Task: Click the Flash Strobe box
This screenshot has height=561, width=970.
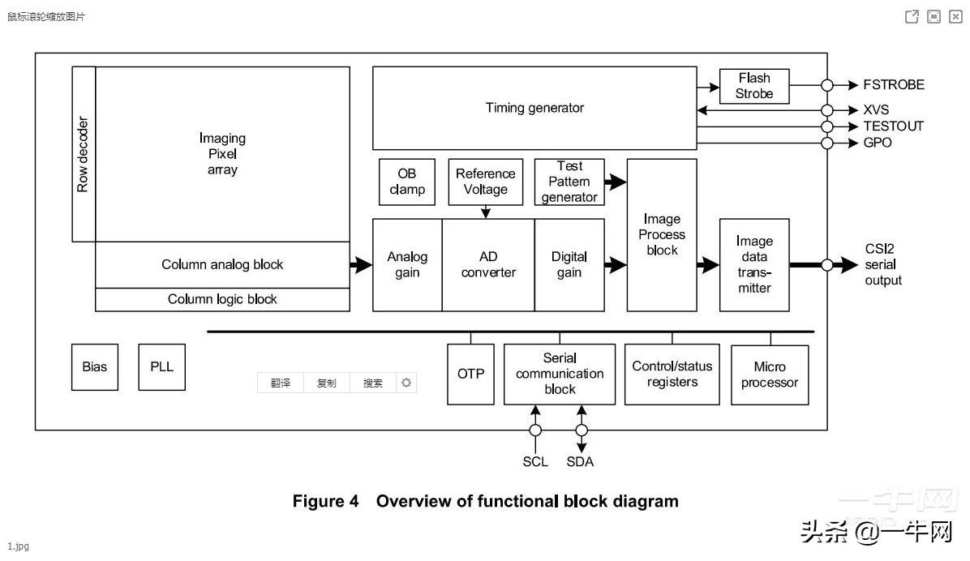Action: click(x=754, y=86)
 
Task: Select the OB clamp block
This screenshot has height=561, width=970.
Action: click(x=407, y=182)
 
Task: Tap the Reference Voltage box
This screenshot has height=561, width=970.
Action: click(x=485, y=182)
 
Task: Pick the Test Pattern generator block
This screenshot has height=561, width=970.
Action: click(x=569, y=182)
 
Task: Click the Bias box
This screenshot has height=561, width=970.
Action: click(x=94, y=366)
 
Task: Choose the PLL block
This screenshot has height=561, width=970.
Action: click(x=161, y=366)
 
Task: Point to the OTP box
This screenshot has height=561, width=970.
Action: click(x=470, y=374)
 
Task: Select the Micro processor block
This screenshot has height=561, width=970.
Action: click(x=770, y=375)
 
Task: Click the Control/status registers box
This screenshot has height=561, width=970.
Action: click(x=672, y=375)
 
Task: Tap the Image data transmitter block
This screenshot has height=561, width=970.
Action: click(x=754, y=264)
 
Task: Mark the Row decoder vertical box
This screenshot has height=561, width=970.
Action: click(x=84, y=154)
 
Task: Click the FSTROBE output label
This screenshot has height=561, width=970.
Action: click(x=894, y=85)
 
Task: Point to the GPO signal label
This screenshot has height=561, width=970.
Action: click(x=878, y=143)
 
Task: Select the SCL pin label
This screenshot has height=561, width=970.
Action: click(x=535, y=462)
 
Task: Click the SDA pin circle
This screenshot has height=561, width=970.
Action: click(x=581, y=430)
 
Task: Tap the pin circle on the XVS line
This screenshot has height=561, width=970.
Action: click(x=827, y=110)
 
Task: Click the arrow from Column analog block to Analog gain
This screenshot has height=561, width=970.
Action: click(x=361, y=264)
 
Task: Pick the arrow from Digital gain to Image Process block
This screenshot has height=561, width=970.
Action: click(x=616, y=264)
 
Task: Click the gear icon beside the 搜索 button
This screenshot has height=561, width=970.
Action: click(x=406, y=383)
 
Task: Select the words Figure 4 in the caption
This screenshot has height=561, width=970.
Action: click(x=325, y=501)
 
